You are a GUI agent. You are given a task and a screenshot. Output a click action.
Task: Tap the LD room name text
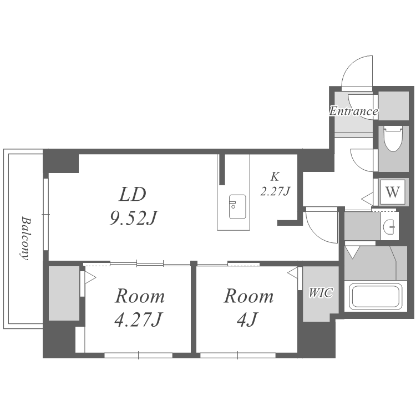[133, 195]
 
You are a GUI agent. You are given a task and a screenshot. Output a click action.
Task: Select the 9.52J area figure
[134, 218]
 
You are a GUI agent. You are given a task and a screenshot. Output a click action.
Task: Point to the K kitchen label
[275, 177]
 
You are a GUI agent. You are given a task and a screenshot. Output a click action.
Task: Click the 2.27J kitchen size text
[275, 191]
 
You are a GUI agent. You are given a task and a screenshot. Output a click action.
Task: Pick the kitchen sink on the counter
[237, 207]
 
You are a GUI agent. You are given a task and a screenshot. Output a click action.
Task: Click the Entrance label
[354, 111]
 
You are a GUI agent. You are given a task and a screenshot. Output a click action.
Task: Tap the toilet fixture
[393, 139]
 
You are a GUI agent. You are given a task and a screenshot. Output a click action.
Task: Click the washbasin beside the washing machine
[389, 227]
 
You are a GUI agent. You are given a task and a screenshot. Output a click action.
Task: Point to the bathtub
[376, 297]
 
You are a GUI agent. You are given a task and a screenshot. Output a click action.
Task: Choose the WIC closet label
[321, 293]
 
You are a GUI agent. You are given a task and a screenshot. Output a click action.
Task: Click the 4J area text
[247, 319]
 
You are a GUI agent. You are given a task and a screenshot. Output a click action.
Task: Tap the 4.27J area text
[138, 319]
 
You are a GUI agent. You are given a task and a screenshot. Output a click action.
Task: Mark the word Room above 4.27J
[140, 296]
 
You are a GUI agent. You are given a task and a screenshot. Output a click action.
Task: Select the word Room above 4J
[249, 296]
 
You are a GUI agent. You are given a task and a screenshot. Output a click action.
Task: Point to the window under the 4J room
[238, 355]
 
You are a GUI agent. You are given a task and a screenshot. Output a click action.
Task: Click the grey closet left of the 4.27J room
[64, 293]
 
